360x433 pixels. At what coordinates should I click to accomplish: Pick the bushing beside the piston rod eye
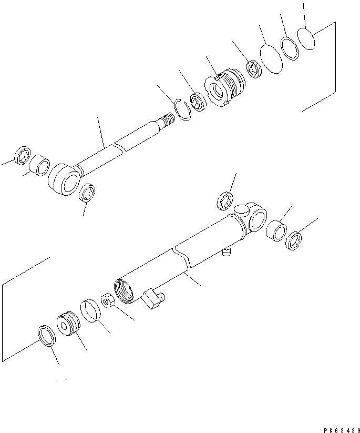pos(38,166)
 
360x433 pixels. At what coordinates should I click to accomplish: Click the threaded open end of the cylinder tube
pos(126,292)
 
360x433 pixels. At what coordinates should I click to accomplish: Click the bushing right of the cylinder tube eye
pos(276,231)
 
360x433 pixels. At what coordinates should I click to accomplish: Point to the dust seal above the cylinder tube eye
pos(225,201)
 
